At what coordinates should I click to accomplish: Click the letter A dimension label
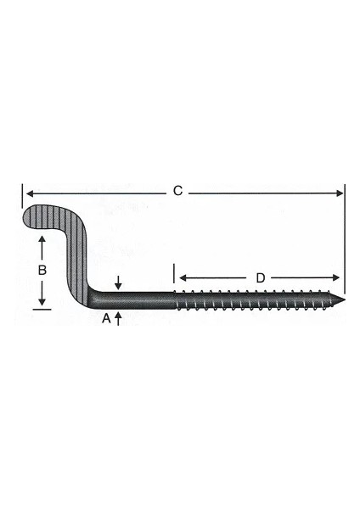[x=106, y=319]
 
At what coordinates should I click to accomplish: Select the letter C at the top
[x=177, y=192]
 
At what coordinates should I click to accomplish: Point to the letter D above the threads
[x=261, y=277]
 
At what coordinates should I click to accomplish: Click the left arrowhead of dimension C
[x=26, y=193]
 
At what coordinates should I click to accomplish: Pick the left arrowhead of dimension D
[x=181, y=278]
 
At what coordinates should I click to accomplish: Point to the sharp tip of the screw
[x=346, y=299]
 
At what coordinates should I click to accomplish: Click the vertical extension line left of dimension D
[x=175, y=276]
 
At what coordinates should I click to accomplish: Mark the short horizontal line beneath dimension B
[x=41, y=310]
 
